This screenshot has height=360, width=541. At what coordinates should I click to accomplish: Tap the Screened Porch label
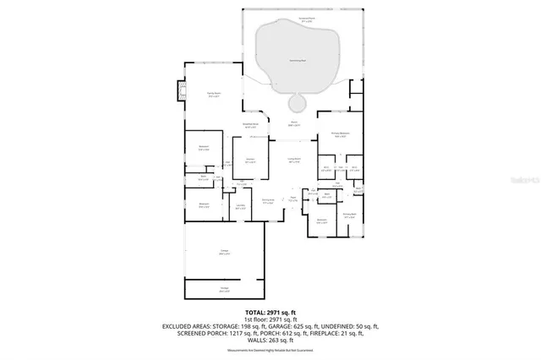[x=299, y=19]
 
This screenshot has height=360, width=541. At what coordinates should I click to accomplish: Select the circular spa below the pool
[x=298, y=103]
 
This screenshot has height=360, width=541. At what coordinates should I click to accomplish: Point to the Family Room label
[x=214, y=94]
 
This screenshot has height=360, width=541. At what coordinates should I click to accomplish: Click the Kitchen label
[x=250, y=160]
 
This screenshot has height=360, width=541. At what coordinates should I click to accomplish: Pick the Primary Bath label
[x=349, y=215]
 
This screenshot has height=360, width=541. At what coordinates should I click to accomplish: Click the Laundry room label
[x=241, y=205]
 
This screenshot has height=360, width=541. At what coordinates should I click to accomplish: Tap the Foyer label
[x=292, y=199]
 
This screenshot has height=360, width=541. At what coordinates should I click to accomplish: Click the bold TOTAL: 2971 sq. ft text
[x=270, y=313]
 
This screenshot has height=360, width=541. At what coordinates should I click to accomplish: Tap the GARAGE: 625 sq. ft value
[x=314, y=326]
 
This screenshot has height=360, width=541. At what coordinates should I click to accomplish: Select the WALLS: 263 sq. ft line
[x=270, y=339]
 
